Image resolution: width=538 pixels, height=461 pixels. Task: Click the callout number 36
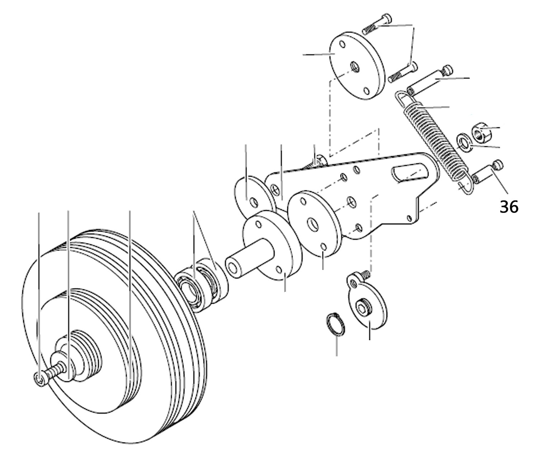509,207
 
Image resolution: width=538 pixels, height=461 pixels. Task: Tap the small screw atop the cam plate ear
365,275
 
